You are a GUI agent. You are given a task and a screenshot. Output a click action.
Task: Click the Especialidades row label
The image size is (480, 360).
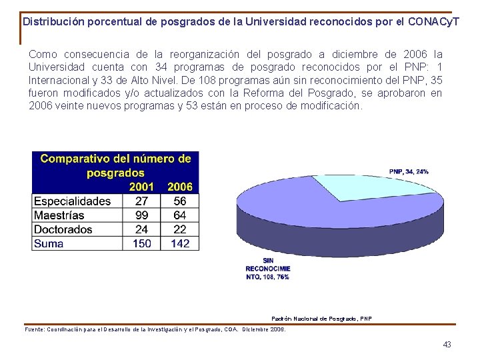72,201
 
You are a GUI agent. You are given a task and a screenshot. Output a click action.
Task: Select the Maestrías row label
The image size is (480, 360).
59,215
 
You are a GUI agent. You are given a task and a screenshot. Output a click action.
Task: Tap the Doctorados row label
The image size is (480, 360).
63,229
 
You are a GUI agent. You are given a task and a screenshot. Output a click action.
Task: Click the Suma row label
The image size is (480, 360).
49,243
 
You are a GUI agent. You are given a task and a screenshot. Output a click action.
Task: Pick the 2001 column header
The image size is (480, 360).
141,187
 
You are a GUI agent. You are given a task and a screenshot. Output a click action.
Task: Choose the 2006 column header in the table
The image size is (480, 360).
180,187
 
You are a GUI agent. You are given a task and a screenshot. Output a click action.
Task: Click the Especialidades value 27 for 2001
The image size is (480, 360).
142,201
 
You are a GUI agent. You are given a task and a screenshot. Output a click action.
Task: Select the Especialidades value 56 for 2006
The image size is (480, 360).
180,201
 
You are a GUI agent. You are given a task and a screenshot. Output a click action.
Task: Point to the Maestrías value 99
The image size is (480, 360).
142,215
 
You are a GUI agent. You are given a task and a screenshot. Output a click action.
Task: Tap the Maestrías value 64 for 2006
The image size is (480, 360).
180,215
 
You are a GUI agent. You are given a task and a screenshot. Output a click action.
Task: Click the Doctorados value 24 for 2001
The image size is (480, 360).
142,229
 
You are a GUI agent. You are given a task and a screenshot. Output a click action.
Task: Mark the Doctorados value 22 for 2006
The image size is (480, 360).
180,229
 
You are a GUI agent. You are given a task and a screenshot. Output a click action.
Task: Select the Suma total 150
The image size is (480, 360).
142,243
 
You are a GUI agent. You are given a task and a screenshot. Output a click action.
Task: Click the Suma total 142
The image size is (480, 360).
180,243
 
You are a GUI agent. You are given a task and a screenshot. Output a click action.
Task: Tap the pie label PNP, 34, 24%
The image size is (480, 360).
409,171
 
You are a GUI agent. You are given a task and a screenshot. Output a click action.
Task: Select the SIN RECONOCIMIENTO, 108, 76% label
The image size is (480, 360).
267,269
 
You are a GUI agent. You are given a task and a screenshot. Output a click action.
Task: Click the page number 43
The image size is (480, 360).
447,344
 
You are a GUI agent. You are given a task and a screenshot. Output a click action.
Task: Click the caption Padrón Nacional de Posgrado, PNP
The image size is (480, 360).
322,319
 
